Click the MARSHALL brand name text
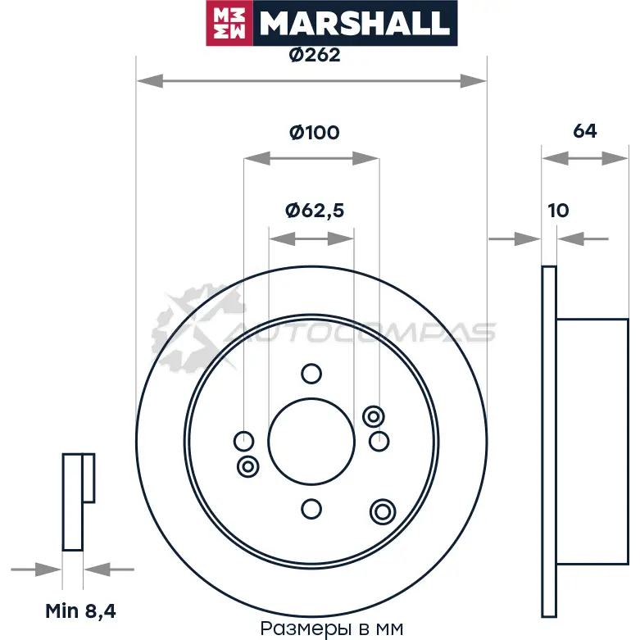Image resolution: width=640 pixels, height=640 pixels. (354, 24)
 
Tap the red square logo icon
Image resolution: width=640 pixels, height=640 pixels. (229, 23)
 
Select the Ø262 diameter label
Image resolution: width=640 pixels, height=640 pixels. (315, 55)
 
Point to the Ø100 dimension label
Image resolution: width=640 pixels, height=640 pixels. (315, 133)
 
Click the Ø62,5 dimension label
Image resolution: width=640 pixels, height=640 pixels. (315, 211)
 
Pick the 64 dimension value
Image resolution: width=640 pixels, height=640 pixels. (585, 131)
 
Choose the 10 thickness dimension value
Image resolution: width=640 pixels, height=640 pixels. (558, 211)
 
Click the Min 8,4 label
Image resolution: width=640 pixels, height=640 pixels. (80, 611)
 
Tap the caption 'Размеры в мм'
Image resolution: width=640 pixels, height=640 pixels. (331, 629)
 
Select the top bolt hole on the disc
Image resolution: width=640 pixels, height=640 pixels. (311, 374)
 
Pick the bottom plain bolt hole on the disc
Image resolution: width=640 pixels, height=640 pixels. (311, 509)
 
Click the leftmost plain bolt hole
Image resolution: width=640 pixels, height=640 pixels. (243, 441)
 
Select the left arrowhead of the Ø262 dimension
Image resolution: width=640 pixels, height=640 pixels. (150, 81)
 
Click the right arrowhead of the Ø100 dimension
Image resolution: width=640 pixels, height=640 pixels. (365, 158)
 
